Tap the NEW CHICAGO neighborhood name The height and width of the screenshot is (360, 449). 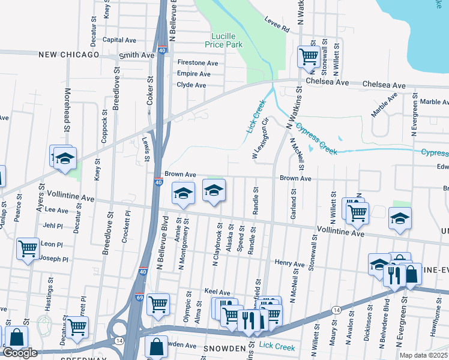(x=68, y=55)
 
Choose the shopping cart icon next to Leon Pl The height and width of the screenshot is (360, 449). (x=28, y=248)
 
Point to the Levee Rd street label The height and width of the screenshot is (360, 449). (x=277, y=25)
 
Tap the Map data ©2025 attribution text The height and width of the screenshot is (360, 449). (x=423, y=355)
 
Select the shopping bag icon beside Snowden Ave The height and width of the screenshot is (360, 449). (x=156, y=347)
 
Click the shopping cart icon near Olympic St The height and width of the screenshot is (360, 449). (x=158, y=304)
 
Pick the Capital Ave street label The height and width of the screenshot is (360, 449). (x=119, y=40)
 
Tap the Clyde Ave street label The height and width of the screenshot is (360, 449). (x=191, y=85)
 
